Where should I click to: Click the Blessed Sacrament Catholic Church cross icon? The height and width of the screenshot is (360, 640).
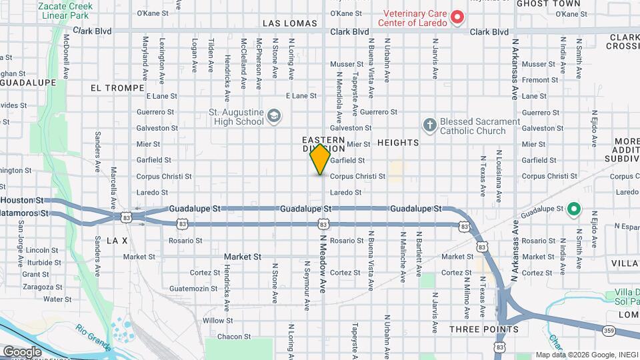[430, 125]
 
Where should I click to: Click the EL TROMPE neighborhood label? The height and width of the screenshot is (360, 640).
[117, 88]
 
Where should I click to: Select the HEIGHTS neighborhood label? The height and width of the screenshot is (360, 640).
[398, 143]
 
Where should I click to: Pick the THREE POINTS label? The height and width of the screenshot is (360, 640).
[483, 329]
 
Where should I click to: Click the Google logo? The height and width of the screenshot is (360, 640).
[22, 351]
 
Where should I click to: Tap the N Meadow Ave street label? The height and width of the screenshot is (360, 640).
[323, 264]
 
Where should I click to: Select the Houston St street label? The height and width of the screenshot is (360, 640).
[21, 200]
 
